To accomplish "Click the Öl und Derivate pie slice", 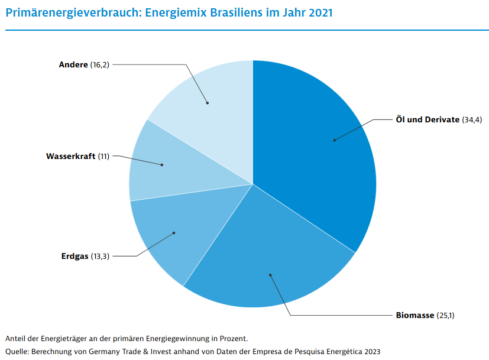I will coord(319,148).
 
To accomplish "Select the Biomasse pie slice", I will coord(266,260).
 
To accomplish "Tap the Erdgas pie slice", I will coord(169,236).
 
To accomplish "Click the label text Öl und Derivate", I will coord(427,119).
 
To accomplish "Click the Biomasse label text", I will coord(414,315).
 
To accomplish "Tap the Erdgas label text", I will coord(75,256).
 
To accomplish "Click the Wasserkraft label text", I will coord(70,156).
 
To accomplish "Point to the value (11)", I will coord(103,156).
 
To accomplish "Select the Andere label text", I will coord(73,64).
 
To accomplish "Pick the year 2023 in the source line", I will coord(370,351).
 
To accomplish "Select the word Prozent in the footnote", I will coord(232,338).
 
